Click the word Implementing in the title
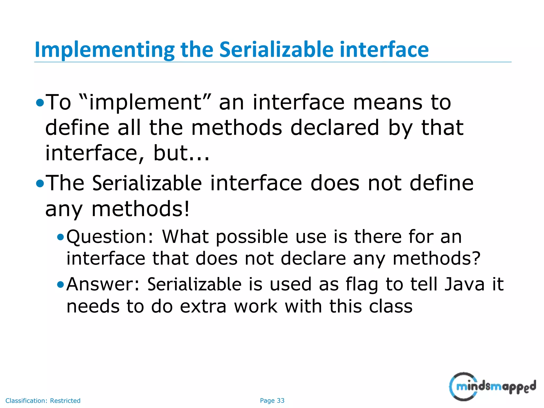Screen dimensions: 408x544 (x=104, y=50)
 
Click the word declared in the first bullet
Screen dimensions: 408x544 (x=335, y=128)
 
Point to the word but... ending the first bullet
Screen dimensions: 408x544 (x=181, y=153)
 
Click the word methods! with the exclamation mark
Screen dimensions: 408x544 (x=141, y=209)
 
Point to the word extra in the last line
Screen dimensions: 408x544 (x=203, y=306)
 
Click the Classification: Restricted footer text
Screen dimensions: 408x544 (x=43, y=401)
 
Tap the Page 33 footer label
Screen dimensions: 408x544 (x=272, y=401)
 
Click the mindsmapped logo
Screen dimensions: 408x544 (x=492, y=386)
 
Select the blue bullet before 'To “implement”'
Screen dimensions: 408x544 (x=40, y=103)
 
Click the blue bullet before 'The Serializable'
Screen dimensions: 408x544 (x=40, y=184)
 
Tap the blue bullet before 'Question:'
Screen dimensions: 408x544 (x=61, y=237)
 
